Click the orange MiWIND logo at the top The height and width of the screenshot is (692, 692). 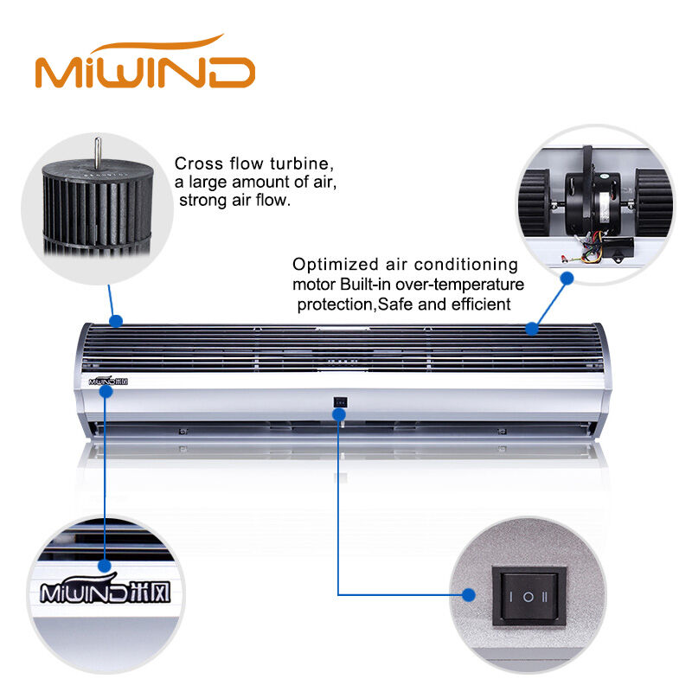pyautogui.click(x=145, y=62)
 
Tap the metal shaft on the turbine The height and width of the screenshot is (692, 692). pyautogui.click(x=98, y=152)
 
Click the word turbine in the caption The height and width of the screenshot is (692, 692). pyautogui.click(x=302, y=163)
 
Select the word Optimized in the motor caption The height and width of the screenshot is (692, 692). pyautogui.click(x=336, y=265)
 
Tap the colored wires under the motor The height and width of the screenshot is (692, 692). pyautogui.click(x=592, y=249)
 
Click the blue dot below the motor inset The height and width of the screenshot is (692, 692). pyautogui.click(x=567, y=278)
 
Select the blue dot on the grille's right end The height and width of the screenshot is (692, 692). pyautogui.click(x=532, y=329)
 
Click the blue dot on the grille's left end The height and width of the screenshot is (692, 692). pyautogui.click(x=116, y=321)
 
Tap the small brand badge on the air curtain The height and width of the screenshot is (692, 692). pyautogui.click(x=108, y=381)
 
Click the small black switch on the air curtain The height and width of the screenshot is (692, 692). pyautogui.click(x=340, y=402)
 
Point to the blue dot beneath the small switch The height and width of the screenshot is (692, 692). pyautogui.click(x=339, y=414)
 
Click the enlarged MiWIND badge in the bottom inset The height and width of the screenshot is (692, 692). pyautogui.click(x=105, y=590)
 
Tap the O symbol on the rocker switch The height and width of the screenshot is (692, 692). pyautogui.click(x=529, y=597)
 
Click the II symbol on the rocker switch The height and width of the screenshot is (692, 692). pyautogui.click(x=545, y=597)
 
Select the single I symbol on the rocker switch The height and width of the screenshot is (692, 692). pyautogui.click(x=511, y=597)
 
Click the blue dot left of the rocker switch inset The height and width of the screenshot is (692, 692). pyautogui.click(x=469, y=595)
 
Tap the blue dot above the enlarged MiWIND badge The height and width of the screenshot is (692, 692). pyautogui.click(x=105, y=566)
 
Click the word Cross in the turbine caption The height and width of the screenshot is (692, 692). pyautogui.click(x=199, y=163)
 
